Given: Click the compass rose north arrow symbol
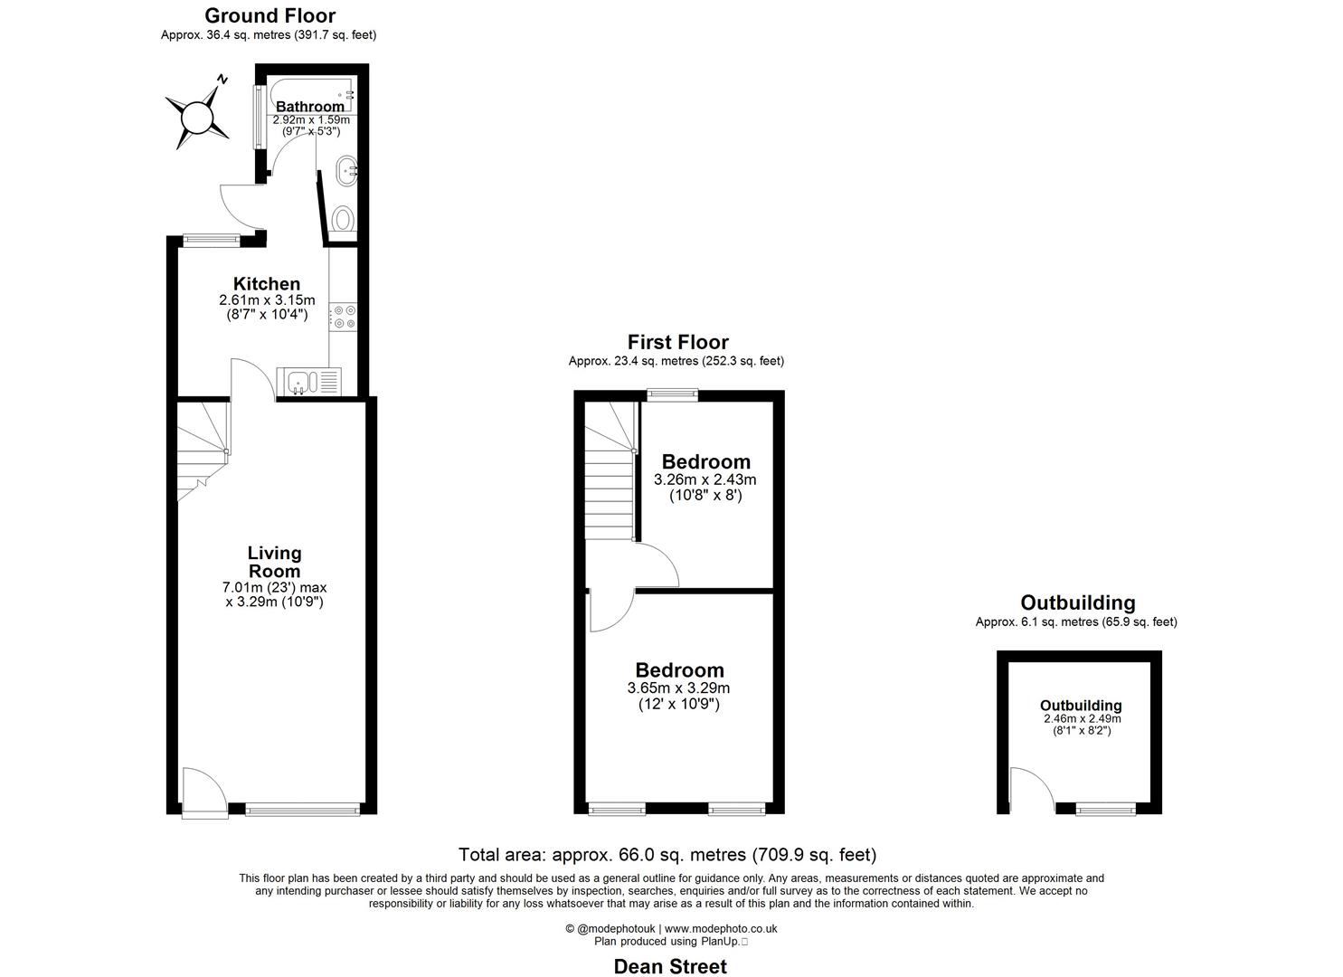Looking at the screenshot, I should [195, 118].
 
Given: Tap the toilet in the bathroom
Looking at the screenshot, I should [343, 219].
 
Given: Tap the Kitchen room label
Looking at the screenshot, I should [267, 284].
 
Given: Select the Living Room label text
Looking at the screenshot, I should [274, 562].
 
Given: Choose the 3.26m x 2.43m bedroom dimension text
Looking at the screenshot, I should [705, 480].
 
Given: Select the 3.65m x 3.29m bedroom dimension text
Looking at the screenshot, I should [678, 688].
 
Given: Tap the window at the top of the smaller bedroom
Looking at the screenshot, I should [672, 394].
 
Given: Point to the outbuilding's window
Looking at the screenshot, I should [1105, 809].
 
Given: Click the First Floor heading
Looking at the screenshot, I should [677, 342].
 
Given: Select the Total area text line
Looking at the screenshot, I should [667, 855].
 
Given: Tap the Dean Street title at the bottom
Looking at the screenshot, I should [670, 967].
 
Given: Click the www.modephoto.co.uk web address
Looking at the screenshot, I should [721, 928].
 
